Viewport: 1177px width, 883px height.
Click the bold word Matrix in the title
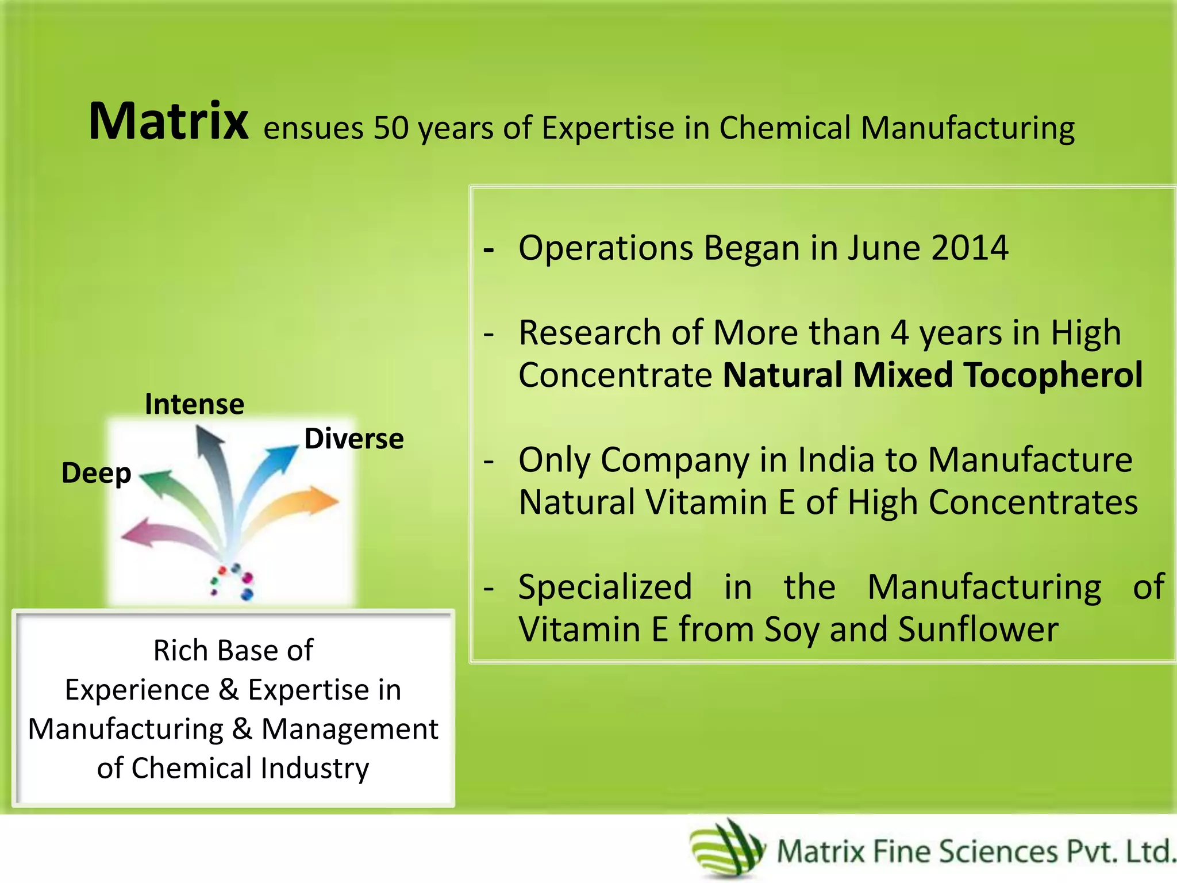(168, 121)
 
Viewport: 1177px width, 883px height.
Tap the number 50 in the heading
(391, 128)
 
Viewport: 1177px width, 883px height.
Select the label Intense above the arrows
(194, 404)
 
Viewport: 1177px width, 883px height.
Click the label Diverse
(354, 439)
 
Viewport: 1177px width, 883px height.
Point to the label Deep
(96, 473)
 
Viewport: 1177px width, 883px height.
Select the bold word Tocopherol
(1053, 375)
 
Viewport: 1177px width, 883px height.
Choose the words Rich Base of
(233, 650)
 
